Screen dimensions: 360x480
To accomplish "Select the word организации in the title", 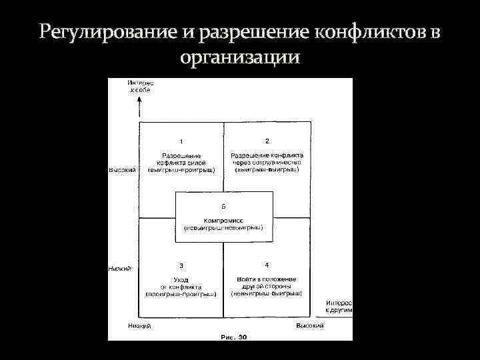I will point(240,57).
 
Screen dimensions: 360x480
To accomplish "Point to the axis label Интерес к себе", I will point(140,86).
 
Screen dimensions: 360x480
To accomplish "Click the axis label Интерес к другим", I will point(339,306).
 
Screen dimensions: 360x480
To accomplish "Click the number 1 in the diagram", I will point(181,141).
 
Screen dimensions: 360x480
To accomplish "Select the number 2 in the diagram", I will point(267,141).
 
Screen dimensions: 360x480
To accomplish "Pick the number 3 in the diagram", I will point(181,265).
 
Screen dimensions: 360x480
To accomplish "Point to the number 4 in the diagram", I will point(267,265).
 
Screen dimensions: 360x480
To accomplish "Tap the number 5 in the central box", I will point(223,206).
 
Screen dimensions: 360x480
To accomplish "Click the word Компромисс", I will point(223,220).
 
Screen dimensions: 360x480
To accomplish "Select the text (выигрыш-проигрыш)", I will point(181,169).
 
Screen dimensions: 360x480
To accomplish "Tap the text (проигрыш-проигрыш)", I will point(181,293).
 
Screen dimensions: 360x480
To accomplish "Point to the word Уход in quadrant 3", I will point(181,279).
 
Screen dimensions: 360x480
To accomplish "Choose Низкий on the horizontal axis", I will point(139,326).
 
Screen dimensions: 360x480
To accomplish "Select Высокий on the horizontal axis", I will point(310,325).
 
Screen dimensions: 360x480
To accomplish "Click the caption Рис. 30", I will point(234,337).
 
